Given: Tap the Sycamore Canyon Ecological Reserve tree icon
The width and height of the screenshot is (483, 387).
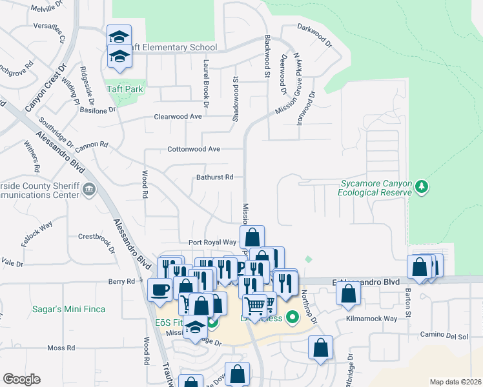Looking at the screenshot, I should (x=422, y=186).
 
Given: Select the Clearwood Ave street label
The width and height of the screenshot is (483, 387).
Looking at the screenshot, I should (x=178, y=117).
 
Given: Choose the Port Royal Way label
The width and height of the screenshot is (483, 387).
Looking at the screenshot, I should (x=212, y=242).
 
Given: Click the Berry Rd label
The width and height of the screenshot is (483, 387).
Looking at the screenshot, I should (x=121, y=281).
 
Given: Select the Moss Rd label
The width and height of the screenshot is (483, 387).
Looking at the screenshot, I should (x=61, y=348).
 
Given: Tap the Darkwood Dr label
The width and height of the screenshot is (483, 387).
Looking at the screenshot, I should (x=314, y=28).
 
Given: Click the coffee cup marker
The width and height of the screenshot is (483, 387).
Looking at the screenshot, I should (x=159, y=290).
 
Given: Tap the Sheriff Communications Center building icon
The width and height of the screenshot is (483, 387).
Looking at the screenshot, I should (x=89, y=189).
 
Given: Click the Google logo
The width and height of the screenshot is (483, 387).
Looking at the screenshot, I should (x=21, y=379).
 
